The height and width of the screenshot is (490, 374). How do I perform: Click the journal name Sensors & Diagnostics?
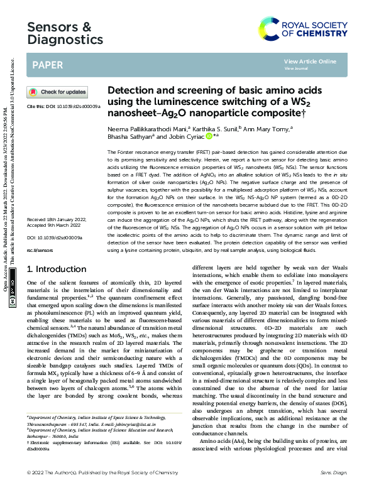click(x=65, y=33)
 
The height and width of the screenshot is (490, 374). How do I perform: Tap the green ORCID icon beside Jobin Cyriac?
click(x=209, y=135)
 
